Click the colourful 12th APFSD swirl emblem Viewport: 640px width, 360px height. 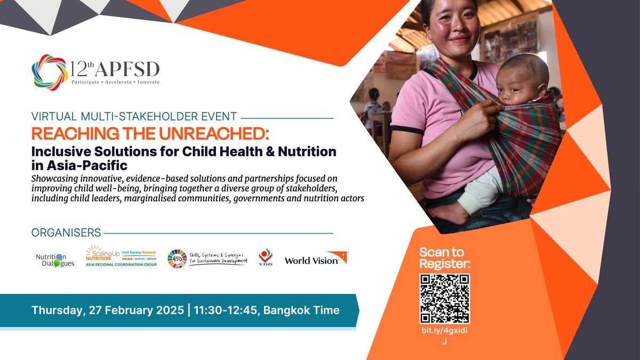[x=50, y=72]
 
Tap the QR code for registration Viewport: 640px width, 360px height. [x=445, y=299]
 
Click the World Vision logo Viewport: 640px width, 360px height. [x=316, y=259]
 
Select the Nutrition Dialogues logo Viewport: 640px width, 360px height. [x=55, y=260]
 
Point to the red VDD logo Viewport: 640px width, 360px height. [x=265, y=257]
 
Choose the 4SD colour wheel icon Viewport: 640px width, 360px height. [x=177, y=259]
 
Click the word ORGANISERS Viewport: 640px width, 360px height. [x=66, y=233]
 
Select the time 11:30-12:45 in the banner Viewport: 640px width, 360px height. [x=229, y=310]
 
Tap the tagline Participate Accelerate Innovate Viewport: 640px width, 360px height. [x=115, y=82]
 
